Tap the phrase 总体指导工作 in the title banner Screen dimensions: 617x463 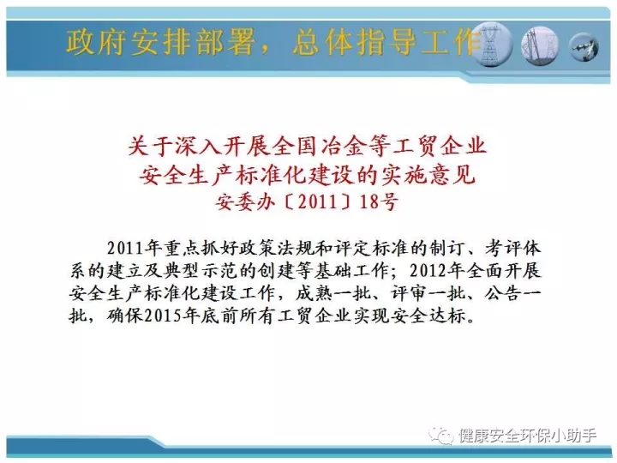tap(387, 42)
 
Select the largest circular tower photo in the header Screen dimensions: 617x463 tap(491, 45)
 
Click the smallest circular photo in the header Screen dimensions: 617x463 tap(584, 47)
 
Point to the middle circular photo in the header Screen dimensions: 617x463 tap(540, 45)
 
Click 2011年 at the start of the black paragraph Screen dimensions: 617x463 tap(135, 248)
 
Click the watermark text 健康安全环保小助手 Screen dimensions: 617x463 tap(527, 436)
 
